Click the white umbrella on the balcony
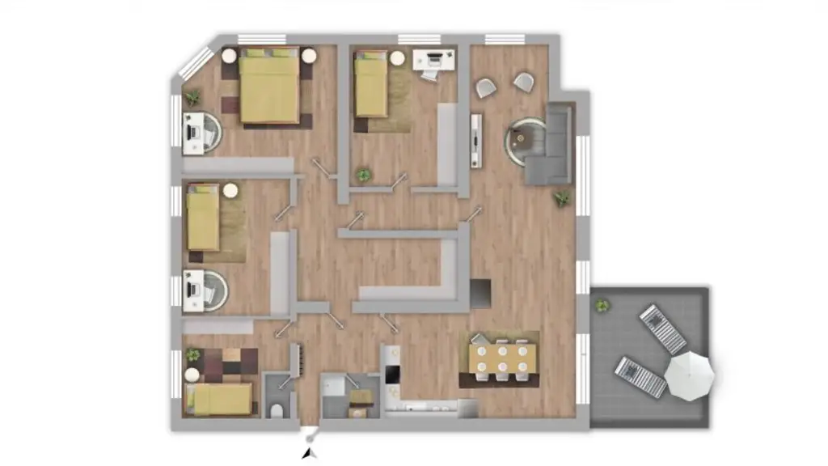[x=690, y=375]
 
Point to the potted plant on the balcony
[x=602, y=305]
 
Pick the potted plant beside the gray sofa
[x=561, y=197]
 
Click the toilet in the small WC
[x=277, y=409]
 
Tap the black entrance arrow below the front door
[x=308, y=455]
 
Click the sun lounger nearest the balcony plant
[x=662, y=328]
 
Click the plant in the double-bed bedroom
[x=192, y=97]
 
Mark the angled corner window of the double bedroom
[x=193, y=60]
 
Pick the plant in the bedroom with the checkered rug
[x=192, y=354]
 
